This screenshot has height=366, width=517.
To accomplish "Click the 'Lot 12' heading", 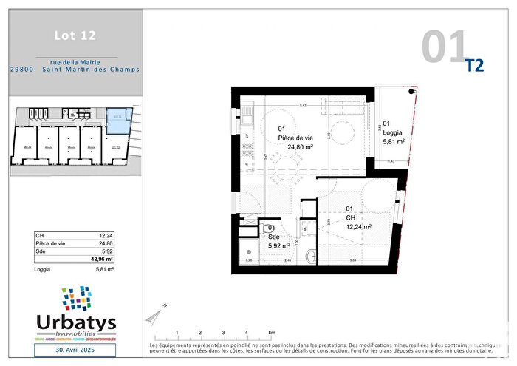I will click(x=75, y=35).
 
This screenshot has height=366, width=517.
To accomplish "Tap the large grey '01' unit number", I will click(x=445, y=46).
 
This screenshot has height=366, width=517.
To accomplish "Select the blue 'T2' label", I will click(x=475, y=66).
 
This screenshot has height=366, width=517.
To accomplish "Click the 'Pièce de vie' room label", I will click(x=295, y=137).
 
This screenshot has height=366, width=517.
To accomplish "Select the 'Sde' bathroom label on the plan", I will click(x=272, y=237).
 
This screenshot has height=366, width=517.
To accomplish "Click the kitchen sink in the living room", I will click(x=249, y=118).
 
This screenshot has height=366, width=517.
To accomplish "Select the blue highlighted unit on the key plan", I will click(x=118, y=120).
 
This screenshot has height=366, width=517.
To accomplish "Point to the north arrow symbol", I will click(x=157, y=314).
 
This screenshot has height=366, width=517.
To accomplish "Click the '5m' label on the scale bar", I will click(x=273, y=333).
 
